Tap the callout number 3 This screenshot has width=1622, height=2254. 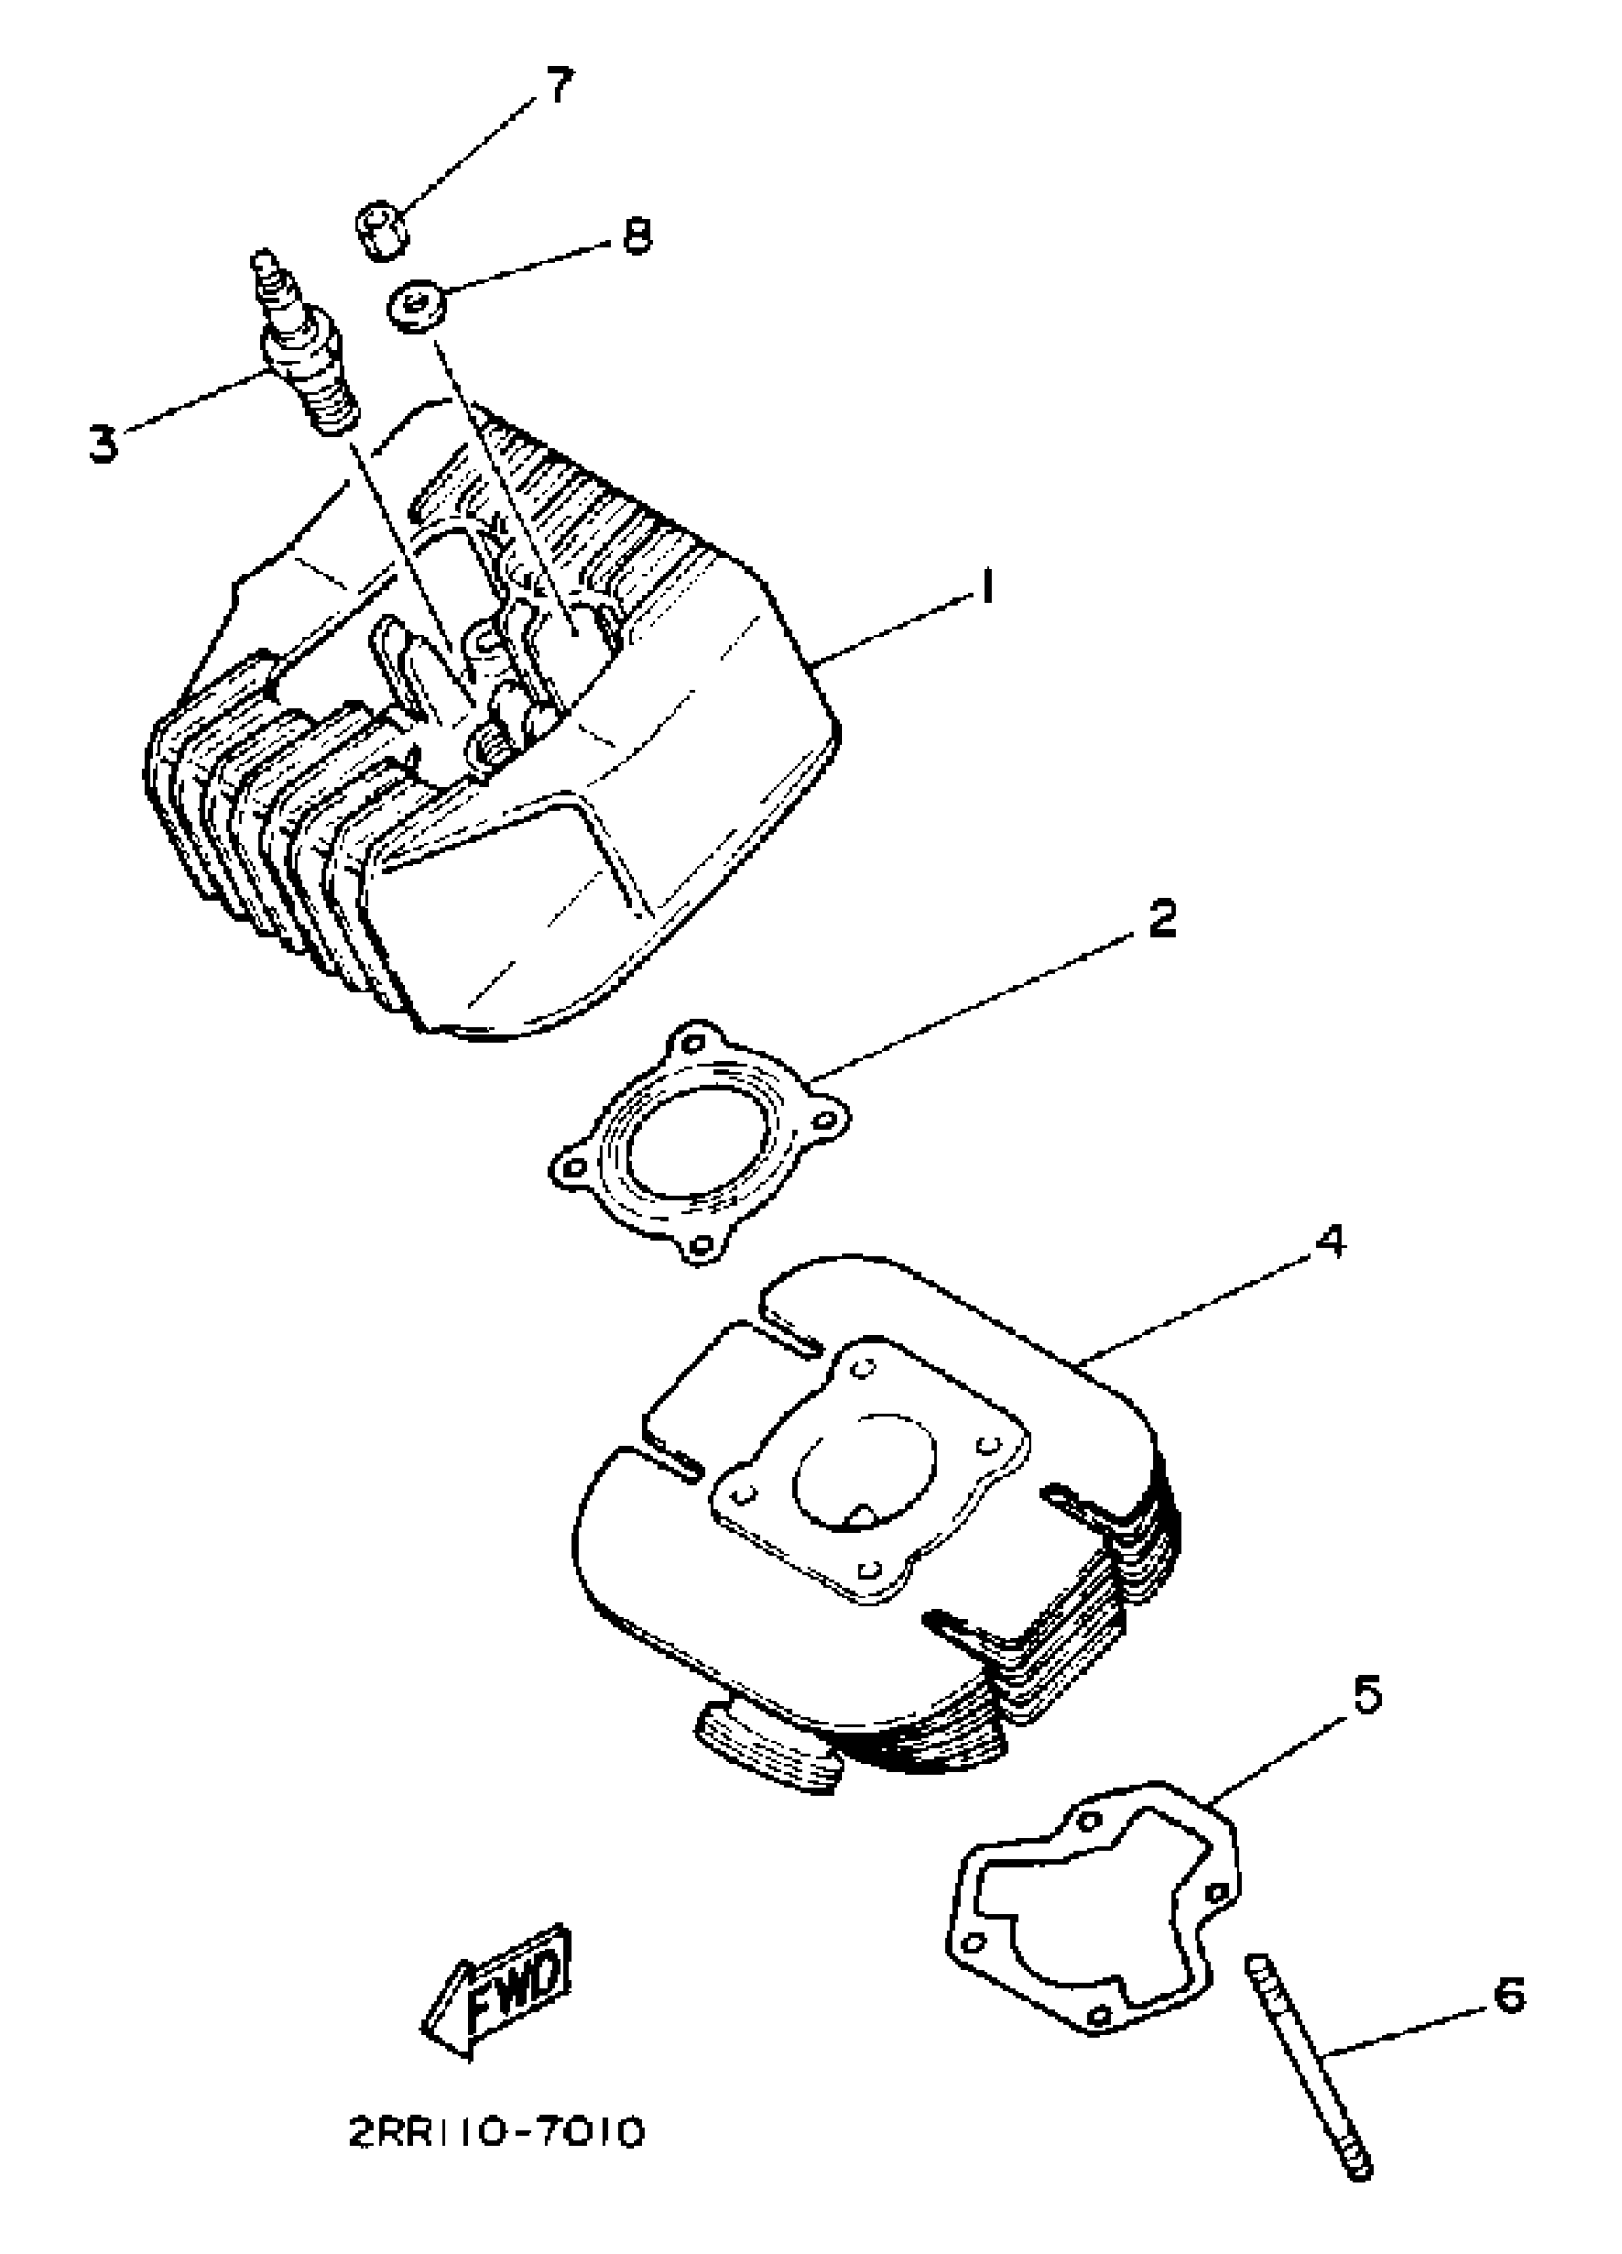(102, 442)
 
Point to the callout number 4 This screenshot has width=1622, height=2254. (1329, 1241)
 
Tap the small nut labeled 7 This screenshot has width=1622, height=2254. (381, 227)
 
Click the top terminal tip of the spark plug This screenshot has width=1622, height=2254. (262, 261)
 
